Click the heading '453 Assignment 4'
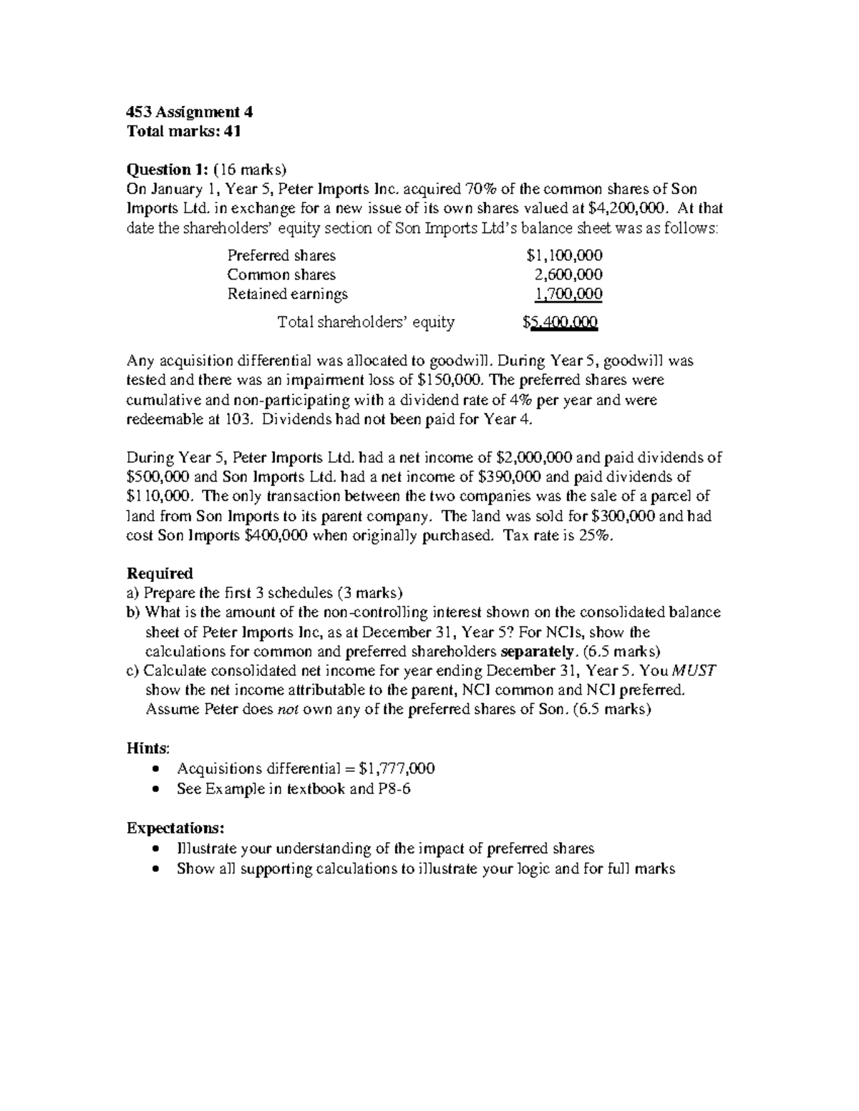pos(190,112)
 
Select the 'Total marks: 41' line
pos(184,131)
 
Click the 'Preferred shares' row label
pos(281,255)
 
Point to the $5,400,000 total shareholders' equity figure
pos(560,323)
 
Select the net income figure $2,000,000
pos(533,458)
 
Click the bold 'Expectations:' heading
pos(175,828)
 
